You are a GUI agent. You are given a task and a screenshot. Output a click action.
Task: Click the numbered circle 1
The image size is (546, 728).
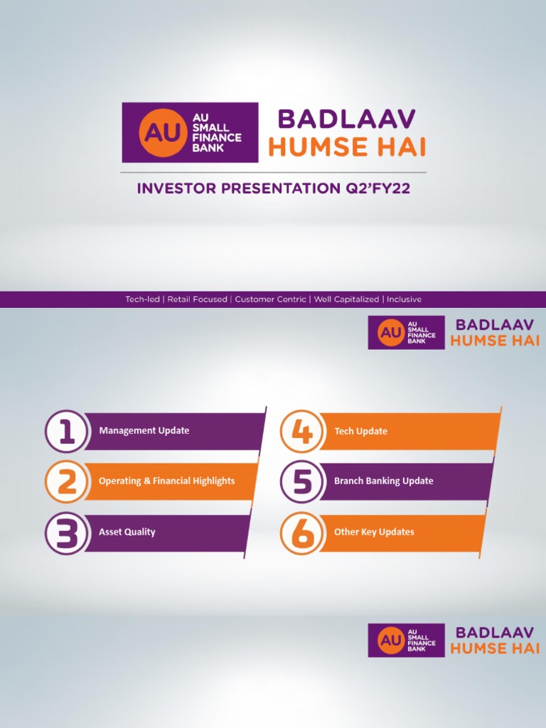coord(66,432)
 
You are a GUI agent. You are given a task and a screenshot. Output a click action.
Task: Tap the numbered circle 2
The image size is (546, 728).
coord(66,481)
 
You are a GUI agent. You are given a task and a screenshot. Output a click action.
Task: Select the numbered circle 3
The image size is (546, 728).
coord(66,533)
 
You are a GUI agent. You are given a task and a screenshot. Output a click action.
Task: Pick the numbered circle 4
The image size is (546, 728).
coord(301,432)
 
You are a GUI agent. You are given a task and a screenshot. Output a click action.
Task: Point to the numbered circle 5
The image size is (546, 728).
coord(301,481)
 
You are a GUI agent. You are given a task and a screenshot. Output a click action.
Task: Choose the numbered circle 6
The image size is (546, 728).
coord(301,533)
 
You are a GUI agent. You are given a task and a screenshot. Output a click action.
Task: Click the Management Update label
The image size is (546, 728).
coord(144,430)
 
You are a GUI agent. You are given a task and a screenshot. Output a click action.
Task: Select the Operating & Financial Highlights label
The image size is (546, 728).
coord(166,481)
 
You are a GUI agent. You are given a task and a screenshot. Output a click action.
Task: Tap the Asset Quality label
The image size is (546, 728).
coord(127,532)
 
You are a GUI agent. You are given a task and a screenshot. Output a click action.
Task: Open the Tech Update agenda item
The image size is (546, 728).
coord(360,432)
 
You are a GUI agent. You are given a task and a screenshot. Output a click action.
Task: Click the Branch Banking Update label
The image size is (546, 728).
coord(383,481)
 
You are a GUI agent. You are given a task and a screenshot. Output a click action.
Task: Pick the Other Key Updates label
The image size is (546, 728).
coord(374,532)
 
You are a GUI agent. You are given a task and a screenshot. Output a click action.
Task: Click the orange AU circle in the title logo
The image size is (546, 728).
coord(162,133)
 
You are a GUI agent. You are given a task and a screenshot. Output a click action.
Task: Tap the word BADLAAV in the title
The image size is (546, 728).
coord(346,119)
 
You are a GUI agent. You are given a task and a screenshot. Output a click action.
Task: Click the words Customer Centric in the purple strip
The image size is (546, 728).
coord(270,299)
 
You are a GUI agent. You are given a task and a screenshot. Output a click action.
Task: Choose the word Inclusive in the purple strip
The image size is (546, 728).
coord(404,299)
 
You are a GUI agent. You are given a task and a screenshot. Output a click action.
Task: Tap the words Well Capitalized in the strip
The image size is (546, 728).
coord(346,299)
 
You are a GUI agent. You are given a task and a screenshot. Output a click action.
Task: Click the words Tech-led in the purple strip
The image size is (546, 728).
coord(142,299)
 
